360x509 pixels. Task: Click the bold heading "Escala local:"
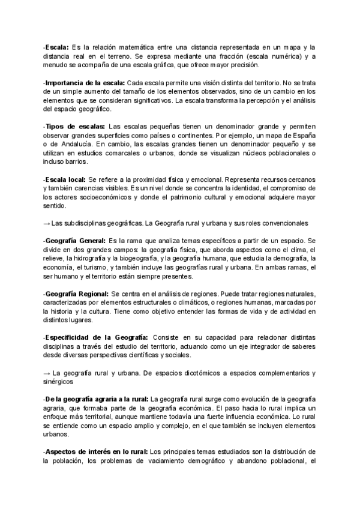(65, 180)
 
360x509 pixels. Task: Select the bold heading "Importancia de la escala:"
(85, 82)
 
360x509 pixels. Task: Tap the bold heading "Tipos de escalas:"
(76, 127)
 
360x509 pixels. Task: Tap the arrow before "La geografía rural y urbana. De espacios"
(47, 373)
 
